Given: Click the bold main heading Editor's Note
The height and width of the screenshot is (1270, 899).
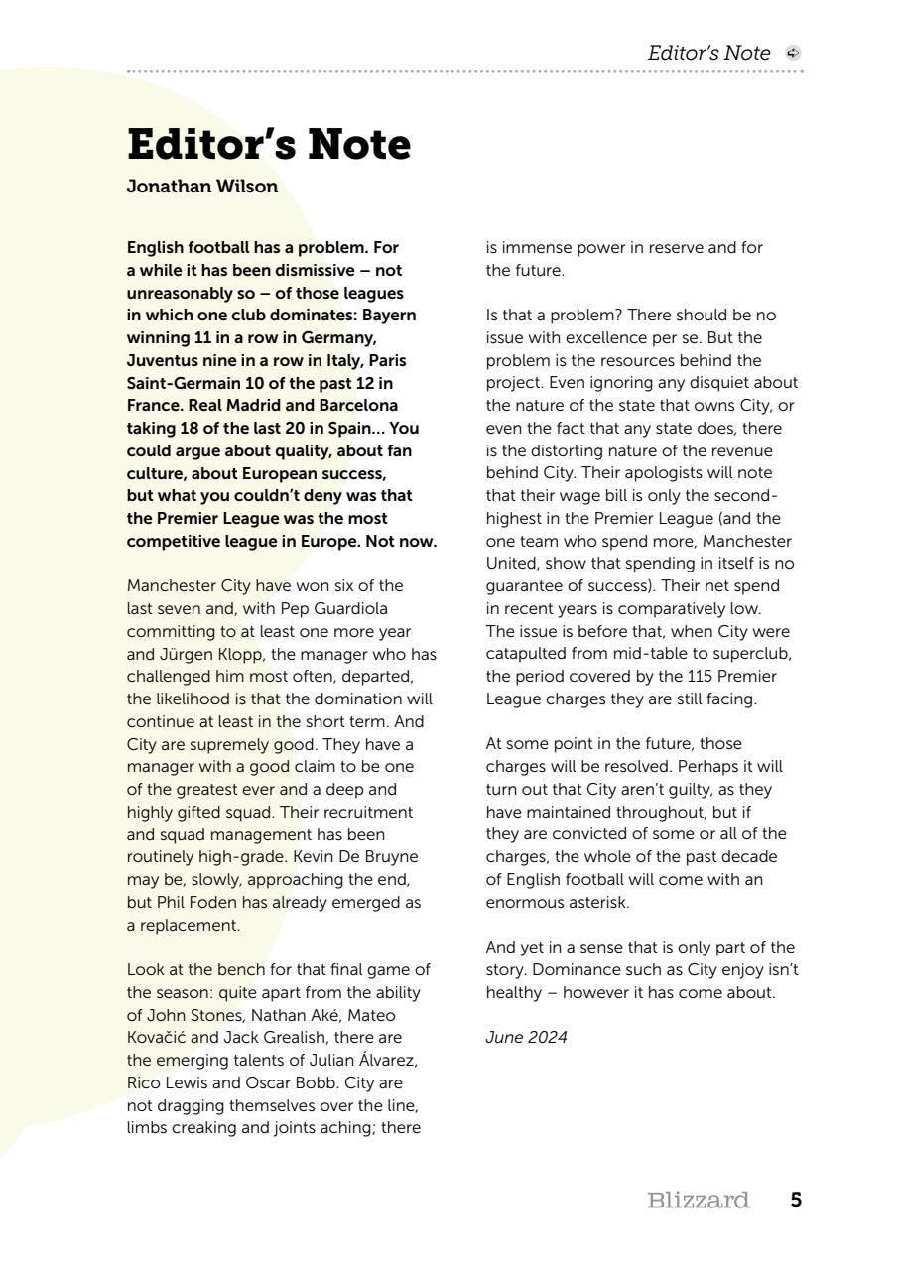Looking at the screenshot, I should coord(269,145).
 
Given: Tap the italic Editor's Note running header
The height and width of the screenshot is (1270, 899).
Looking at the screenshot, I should coord(708,53).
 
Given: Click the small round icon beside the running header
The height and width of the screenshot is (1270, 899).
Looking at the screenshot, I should coord(793,53).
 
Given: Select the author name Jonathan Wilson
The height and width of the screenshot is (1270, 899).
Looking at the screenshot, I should coord(202,187).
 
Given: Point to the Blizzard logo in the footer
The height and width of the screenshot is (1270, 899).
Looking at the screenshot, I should coord(698,1201).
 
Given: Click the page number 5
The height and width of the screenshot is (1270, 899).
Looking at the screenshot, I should coord(796,1201).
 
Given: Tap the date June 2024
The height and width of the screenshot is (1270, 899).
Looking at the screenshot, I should coord(526,1037).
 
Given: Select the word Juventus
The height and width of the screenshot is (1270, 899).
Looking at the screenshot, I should coord(162,360).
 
